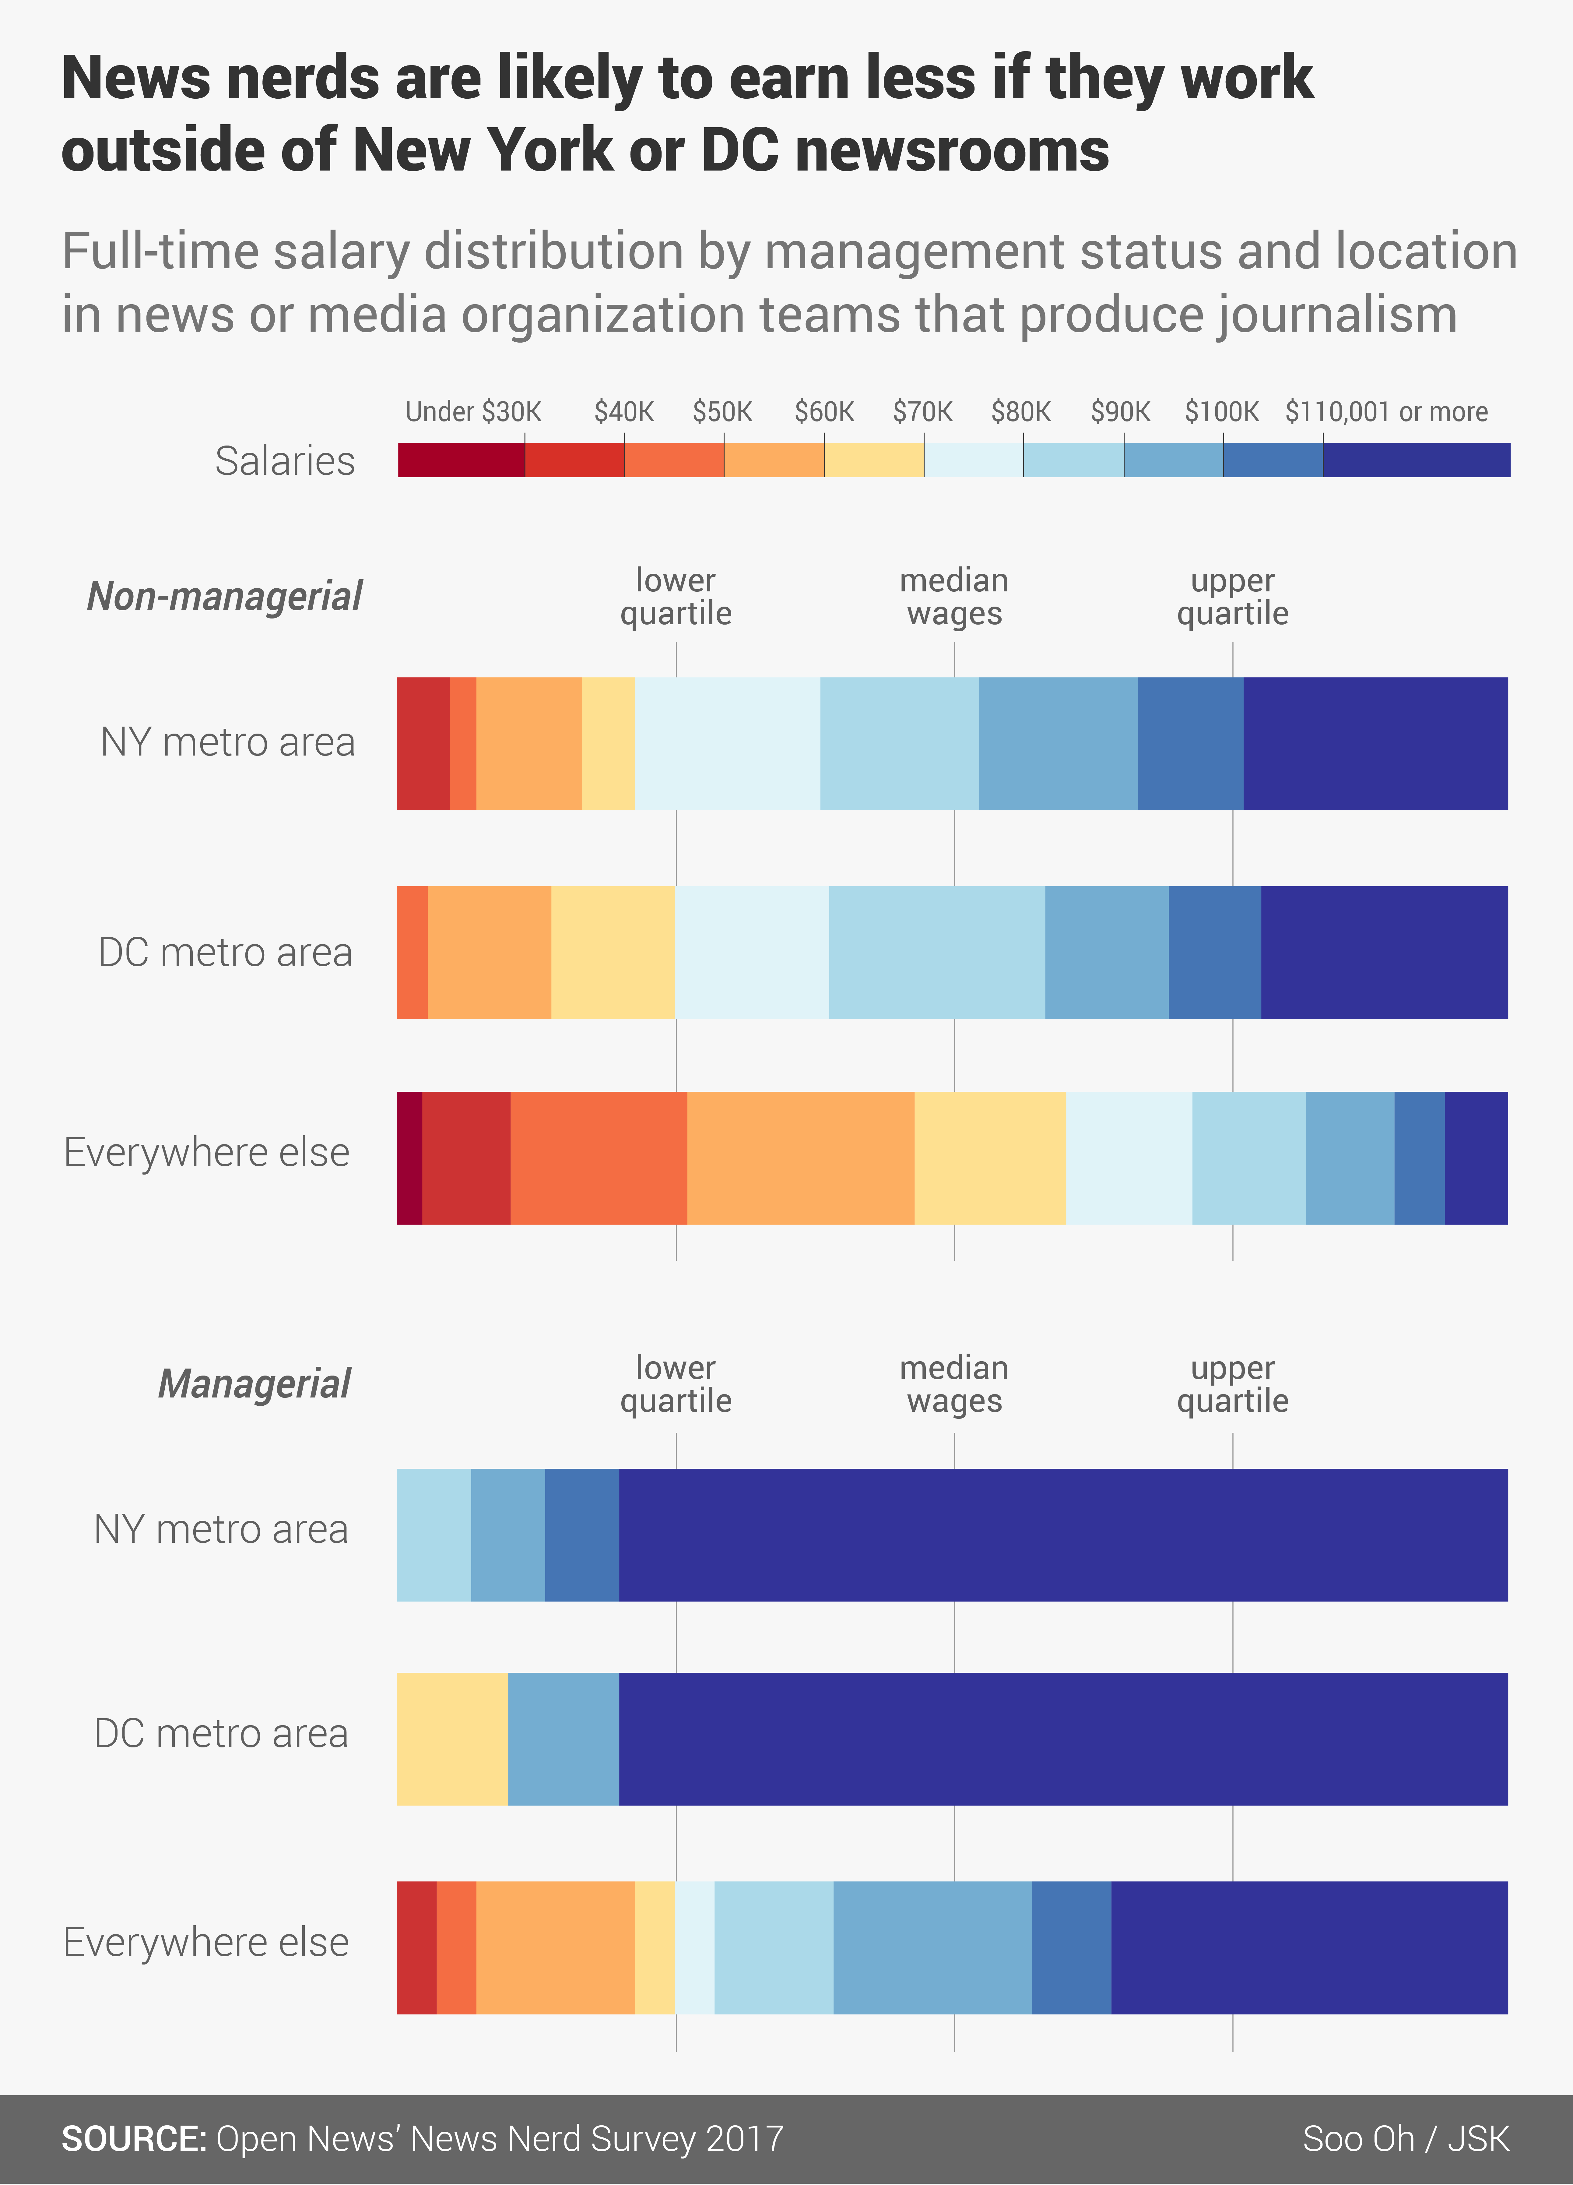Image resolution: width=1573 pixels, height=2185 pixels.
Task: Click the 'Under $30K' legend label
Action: [x=473, y=412]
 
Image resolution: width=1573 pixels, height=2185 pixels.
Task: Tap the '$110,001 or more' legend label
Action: [x=1386, y=412]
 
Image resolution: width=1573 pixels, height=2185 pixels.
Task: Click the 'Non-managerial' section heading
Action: [x=224, y=596]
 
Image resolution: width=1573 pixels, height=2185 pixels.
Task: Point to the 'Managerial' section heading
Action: [x=254, y=1383]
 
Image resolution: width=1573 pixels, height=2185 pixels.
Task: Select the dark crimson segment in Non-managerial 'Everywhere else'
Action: [x=409, y=1158]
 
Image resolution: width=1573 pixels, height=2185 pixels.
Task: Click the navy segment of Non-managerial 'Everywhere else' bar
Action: [x=1476, y=1158]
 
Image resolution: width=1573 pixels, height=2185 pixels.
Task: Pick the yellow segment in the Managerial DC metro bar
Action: [x=452, y=1739]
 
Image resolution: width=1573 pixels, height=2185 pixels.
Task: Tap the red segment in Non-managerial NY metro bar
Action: [x=423, y=744]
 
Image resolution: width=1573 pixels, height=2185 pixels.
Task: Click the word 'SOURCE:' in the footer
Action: [x=134, y=2139]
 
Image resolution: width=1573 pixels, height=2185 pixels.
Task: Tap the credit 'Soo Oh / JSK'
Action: [x=1405, y=2139]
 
